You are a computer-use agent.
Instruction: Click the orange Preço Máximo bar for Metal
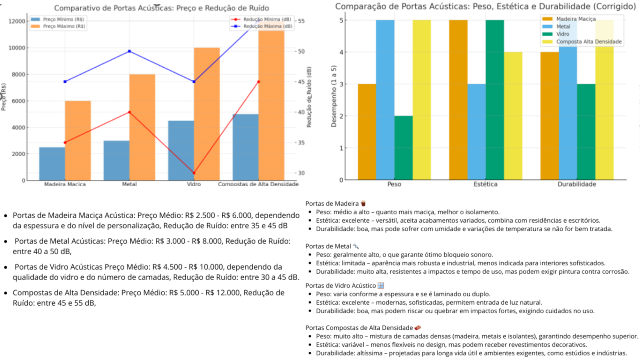point(142,126)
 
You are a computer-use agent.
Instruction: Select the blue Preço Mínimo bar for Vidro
point(181,149)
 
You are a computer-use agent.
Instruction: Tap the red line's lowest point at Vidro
point(194,173)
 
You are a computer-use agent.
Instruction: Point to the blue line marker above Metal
point(129,52)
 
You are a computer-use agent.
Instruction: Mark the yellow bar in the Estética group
point(513,115)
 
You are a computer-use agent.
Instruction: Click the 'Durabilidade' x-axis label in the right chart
point(584,185)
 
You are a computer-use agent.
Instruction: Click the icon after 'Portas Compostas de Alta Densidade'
point(416,327)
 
